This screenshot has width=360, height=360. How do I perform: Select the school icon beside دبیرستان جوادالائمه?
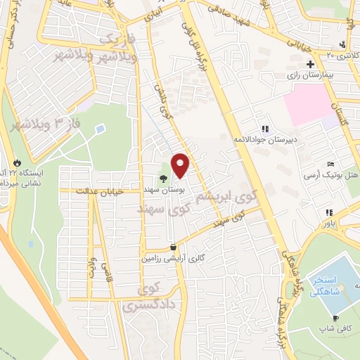pyautogui.click(x=264, y=129)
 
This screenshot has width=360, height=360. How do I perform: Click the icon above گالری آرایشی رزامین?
pyautogui.click(x=174, y=247)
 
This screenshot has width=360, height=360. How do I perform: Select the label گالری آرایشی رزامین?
pyautogui.click(x=172, y=257)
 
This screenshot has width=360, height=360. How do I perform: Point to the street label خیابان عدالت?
pyautogui.click(x=101, y=191)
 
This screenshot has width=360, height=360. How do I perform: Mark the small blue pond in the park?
pyautogui.click(x=99, y=129)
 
